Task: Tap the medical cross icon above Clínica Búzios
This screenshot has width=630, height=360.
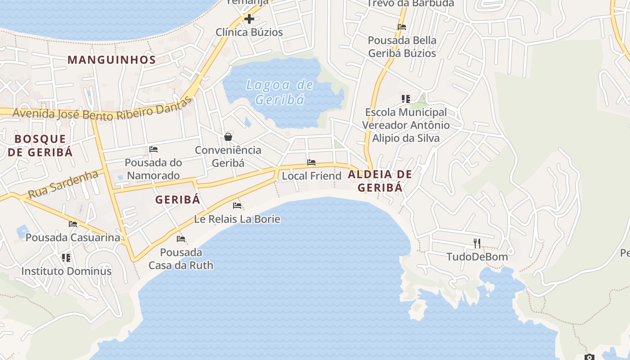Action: point(249,19)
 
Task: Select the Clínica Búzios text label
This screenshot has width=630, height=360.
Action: point(249,32)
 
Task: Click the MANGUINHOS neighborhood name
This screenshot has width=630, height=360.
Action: point(112,60)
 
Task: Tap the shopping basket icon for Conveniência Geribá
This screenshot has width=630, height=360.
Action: point(228,137)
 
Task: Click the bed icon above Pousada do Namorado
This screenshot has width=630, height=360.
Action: point(153,149)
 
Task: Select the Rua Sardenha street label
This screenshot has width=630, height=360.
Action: point(63,184)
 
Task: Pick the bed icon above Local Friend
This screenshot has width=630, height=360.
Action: point(311,162)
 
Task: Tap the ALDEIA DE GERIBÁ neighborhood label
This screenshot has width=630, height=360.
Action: point(380,181)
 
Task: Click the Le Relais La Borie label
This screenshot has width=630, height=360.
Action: point(237,219)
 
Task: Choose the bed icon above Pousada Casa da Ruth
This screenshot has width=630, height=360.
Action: point(181,239)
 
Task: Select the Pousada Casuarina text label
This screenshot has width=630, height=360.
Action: point(73,237)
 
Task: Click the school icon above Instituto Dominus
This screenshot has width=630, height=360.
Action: point(66,258)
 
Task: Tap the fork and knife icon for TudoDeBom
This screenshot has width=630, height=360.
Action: point(477,243)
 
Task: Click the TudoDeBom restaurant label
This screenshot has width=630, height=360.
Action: point(477,257)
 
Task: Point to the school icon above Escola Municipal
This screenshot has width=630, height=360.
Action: point(406,99)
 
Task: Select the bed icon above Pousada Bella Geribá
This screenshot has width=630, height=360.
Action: point(402,27)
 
